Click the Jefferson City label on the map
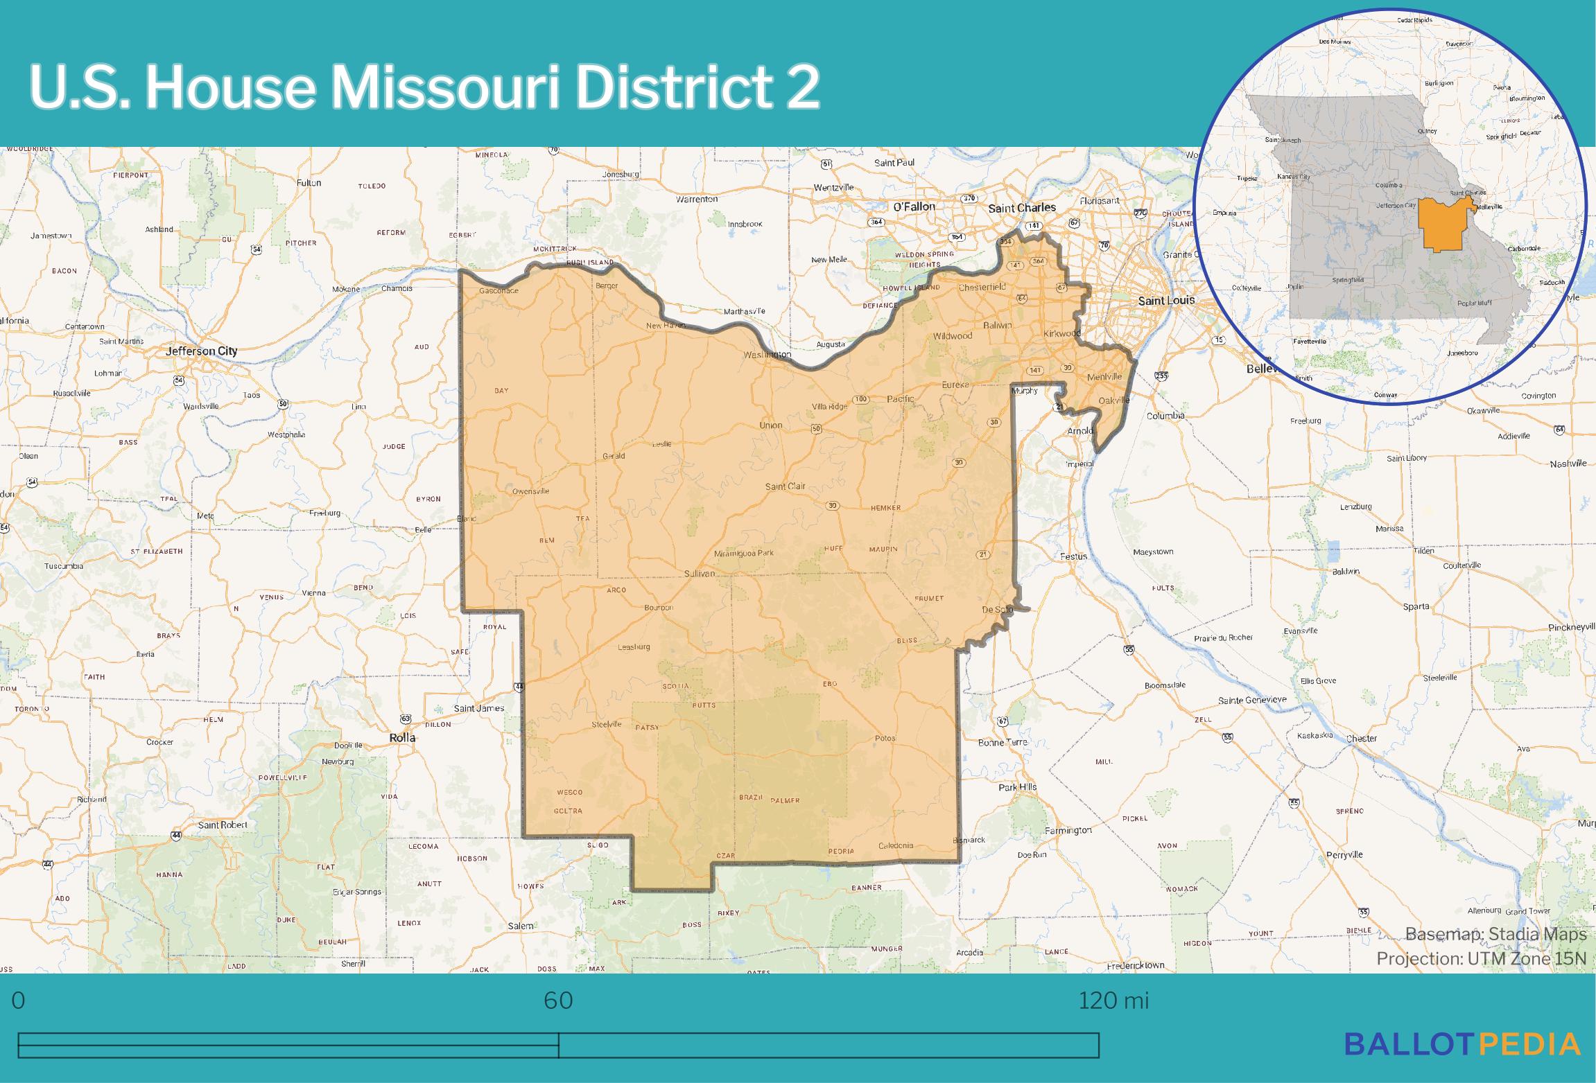(201, 351)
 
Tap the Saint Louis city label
(1167, 300)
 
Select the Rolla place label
(402, 738)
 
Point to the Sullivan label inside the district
(699, 574)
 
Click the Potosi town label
(885, 738)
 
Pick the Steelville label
(606, 725)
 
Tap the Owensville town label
(530, 491)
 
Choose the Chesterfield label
(982, 287)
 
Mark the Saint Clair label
(785, 486)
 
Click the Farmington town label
(1068, 829)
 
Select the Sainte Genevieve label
(1251, 700)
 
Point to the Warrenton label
(697, 199)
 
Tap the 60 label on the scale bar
(558, 1001)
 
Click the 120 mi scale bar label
(1113, 1001)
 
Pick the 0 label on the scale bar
(19, 1001)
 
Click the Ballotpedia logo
(1462, 1044)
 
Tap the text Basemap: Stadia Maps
(1495, 934)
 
